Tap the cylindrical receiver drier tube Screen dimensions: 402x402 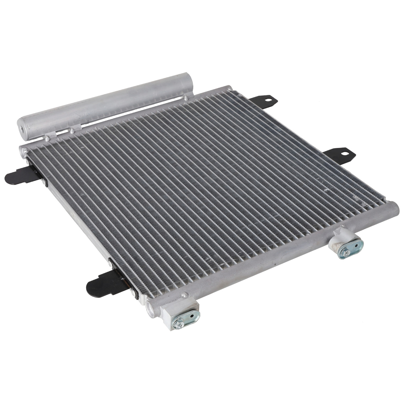[x=107, y=105]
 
